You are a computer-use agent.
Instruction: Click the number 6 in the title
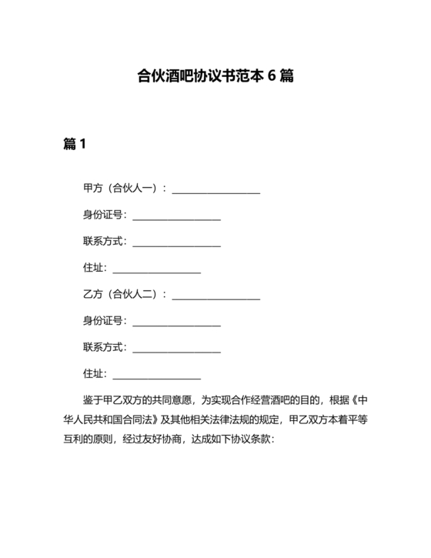[x=272, y=76]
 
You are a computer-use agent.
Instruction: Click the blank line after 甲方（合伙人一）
[x=216, y=190]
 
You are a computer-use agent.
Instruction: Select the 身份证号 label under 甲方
[x=105, y=215]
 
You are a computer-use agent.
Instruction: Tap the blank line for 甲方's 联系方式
[x=177, y=244]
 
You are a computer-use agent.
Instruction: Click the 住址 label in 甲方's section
[x=95, y=268]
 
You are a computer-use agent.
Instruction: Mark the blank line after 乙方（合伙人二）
[x=216, y=297]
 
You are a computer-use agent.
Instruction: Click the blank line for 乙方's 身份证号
[x=177, y=323]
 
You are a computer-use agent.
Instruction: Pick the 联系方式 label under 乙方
[x=105, y=347]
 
